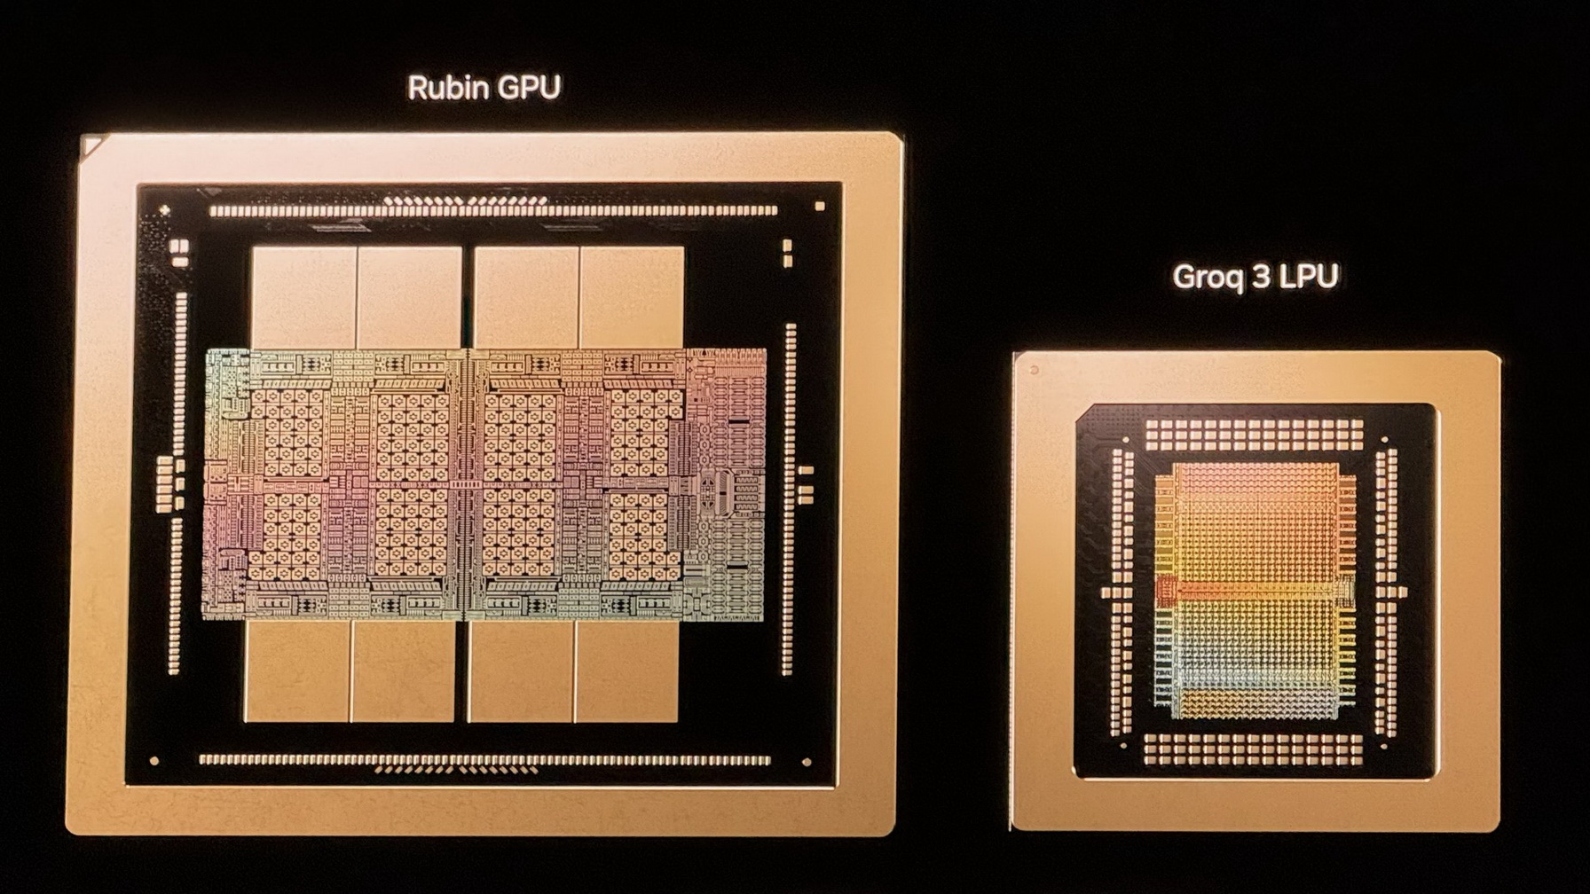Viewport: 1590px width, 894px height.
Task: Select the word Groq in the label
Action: pyautogui.click(x=1207, y=277)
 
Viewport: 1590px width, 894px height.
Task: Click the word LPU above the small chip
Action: pyautogui.click(x=1308, y=277)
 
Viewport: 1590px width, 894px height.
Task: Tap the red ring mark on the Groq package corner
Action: pyautogui.click(x=1034, y=370)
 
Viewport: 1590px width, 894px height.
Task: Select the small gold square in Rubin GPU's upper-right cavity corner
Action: pyautogui.click(x=820, y=207)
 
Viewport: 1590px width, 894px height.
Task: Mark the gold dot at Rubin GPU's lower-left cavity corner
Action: pyautogui.click(x=154, y=761)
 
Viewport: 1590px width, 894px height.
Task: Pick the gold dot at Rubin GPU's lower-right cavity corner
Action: pyautogui.click(x=807, y=762)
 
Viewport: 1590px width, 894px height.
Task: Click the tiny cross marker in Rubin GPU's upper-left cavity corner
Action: pyautogui.click(x=164, y=210)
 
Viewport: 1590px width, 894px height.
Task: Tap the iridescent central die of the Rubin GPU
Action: pyautogui.click(x=484, y=483)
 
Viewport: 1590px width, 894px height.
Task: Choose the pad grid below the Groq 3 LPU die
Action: pyautogui.click(x=1253, y=749)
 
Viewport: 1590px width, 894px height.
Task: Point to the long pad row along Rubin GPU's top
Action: pyautogui.click(x=493, y=211)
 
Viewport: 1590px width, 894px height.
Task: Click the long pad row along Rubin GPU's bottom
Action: pyautogui.click(x=484, y=760)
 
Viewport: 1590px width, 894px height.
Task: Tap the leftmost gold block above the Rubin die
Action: pyautogui.click(x=303, y=297)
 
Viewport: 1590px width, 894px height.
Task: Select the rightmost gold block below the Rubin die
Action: pyautogui.click(x=626, y=671)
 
